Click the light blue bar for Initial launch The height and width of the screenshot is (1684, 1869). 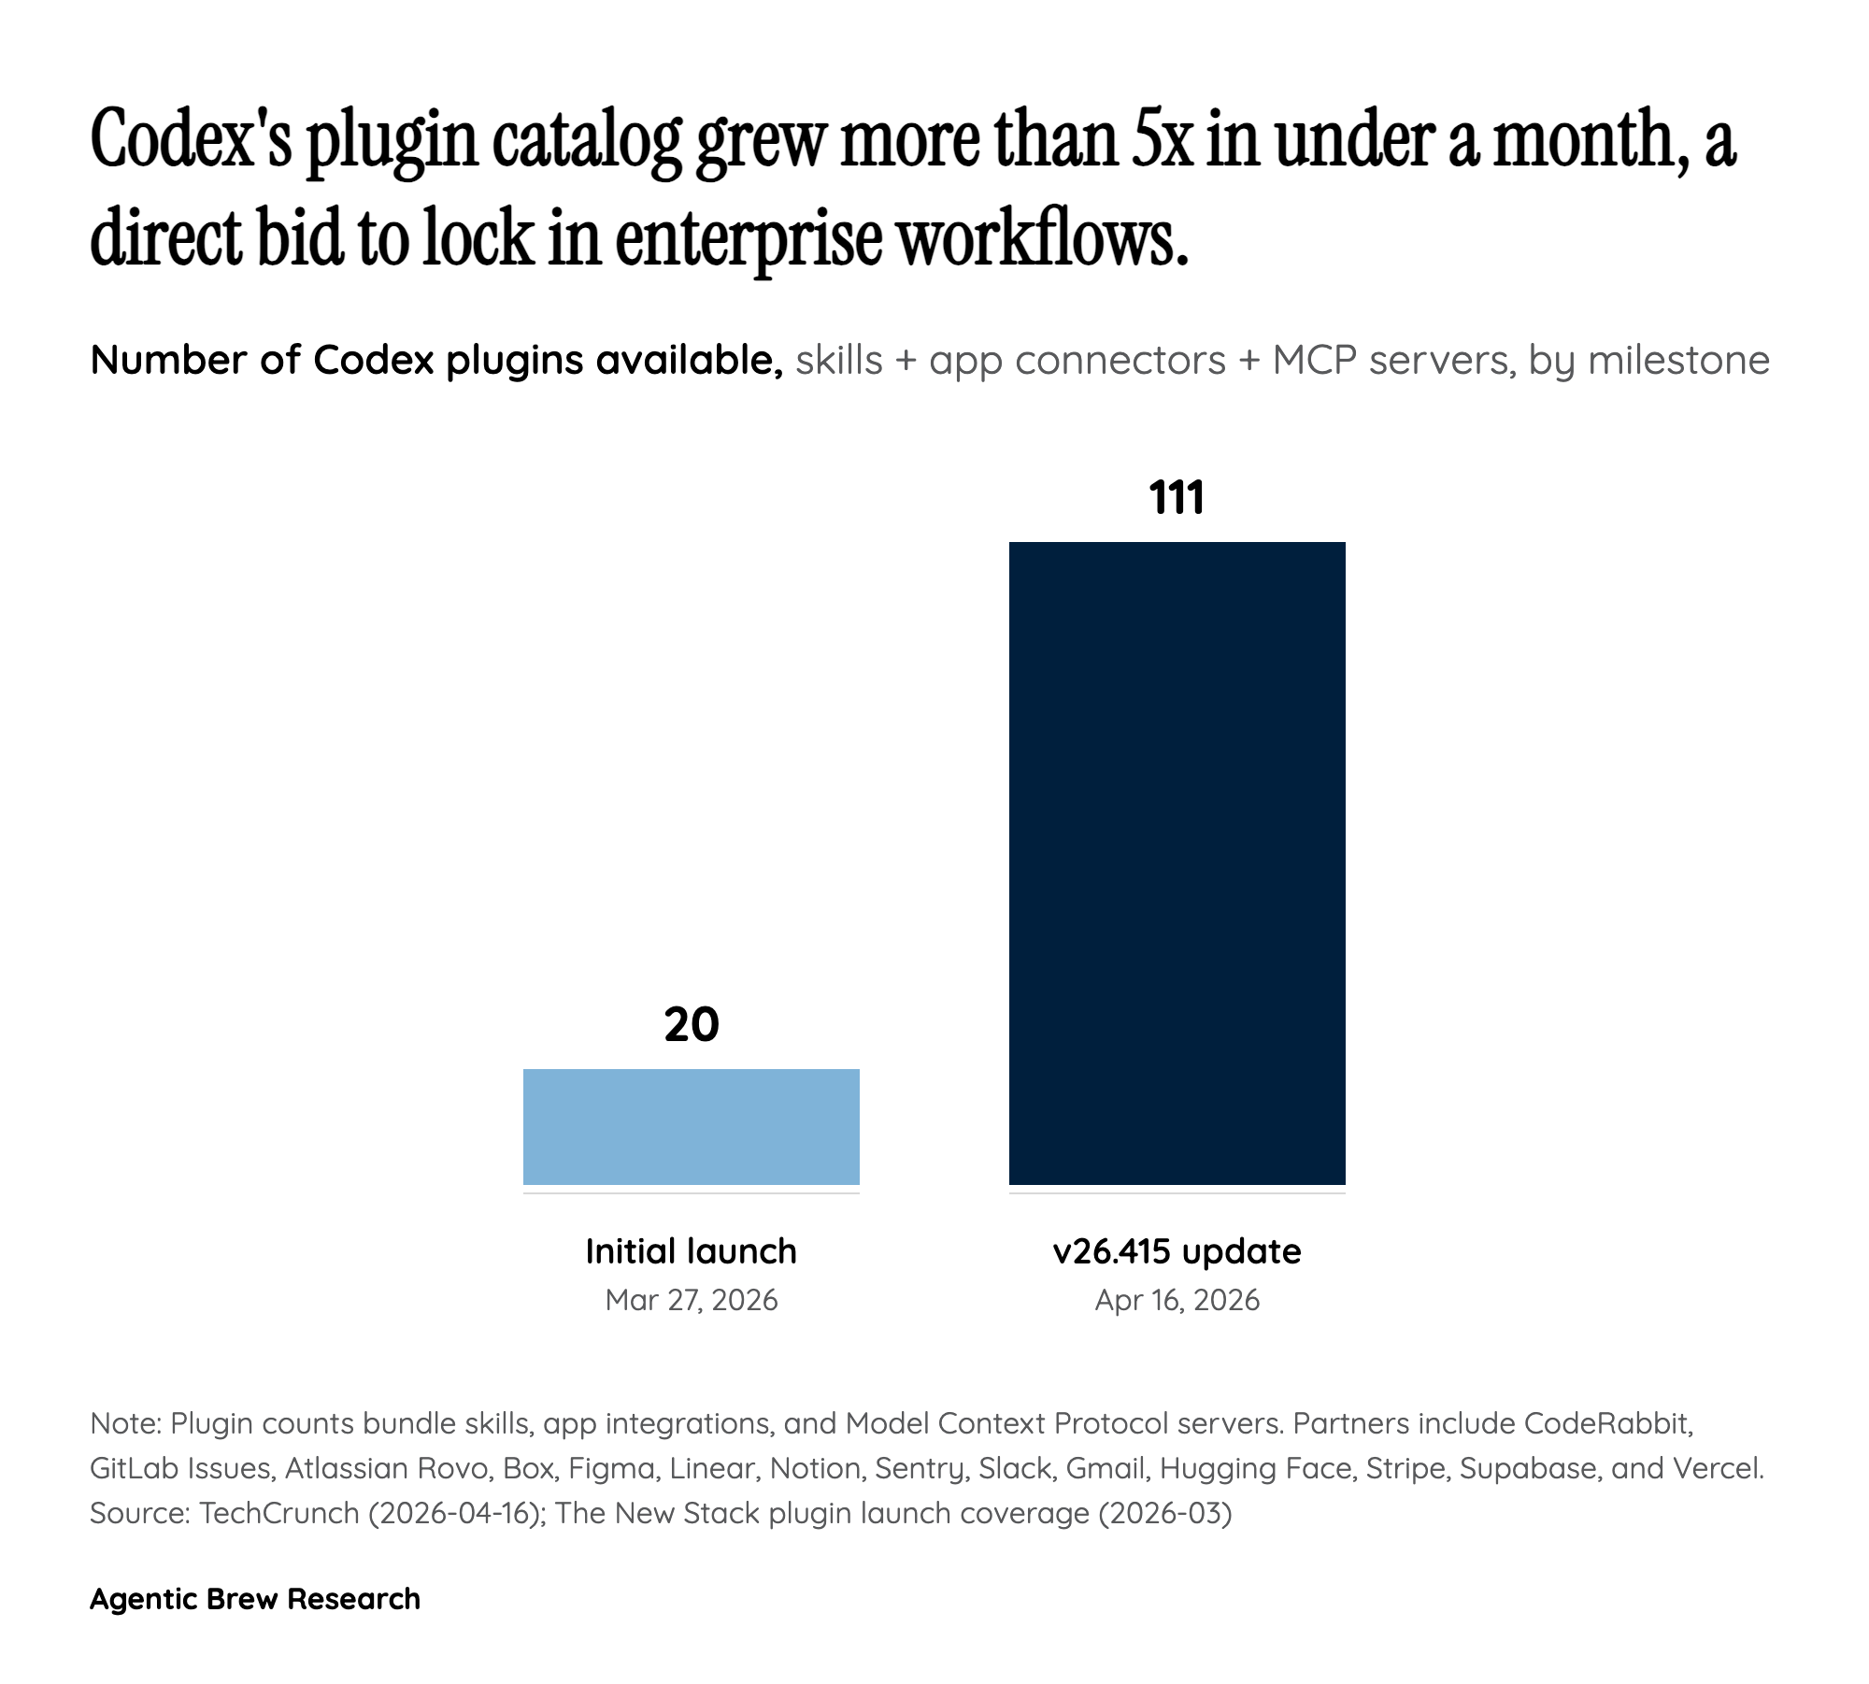(x=691, y=1126)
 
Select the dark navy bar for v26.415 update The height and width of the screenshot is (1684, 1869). (x=1177, y=863)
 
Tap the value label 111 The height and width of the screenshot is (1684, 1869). (x=1177, y=498)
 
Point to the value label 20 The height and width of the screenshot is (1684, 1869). (x=691, y=1024)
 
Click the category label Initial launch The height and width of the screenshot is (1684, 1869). (x=691, y=1251)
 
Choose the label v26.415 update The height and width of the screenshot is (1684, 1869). (x=1177, y=1251)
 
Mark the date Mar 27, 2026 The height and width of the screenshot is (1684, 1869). (x=691, y=1300)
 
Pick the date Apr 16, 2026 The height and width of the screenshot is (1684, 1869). (x=1177, y=1300)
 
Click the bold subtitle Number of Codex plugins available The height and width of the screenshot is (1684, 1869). (x=435, y=361)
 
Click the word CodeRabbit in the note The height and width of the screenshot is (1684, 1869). (x=1607, y=1423)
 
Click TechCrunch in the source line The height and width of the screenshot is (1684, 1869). (x=279, y=1513)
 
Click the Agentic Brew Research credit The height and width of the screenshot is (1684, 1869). (x=255, y=1599)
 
